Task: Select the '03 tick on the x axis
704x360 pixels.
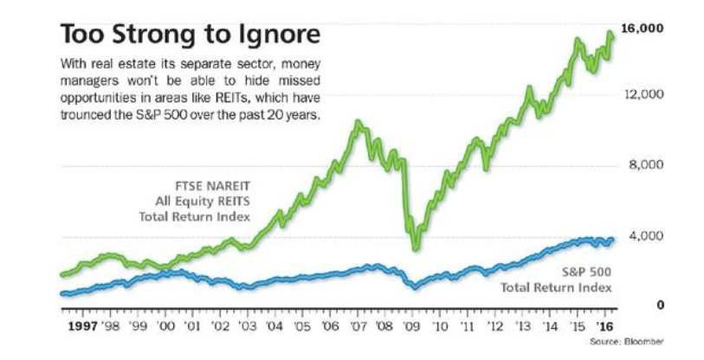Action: click(248, 328)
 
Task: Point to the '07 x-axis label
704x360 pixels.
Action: click(358, 328)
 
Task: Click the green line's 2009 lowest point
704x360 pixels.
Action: click(416, 249)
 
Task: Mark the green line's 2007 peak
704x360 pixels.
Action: click(356, 123)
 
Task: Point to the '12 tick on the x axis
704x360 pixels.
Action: click(494, 328)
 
